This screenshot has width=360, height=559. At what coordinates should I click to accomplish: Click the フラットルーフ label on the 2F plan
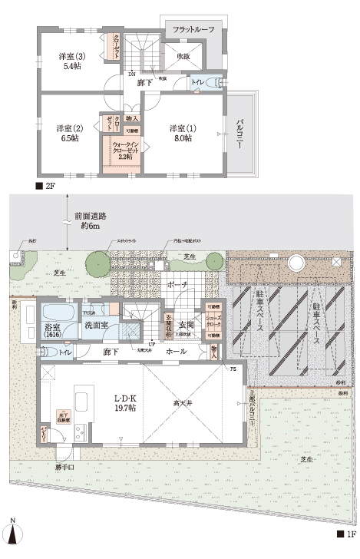click(193, 29)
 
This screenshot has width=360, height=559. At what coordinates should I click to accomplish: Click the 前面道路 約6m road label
click(90, 220)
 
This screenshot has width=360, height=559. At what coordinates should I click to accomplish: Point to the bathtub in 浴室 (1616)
click(58, 314)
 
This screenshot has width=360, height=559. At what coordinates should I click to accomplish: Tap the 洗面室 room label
click(96, 326)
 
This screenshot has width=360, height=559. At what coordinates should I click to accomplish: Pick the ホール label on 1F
click(175, 351)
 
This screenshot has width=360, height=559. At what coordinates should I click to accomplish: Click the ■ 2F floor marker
click(46, 187)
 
